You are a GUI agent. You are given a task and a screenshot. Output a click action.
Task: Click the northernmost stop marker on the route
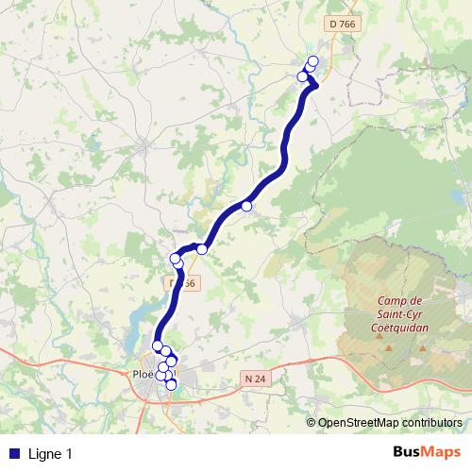click(x=313, y=62)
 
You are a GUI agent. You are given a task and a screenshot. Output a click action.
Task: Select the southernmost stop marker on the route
click(x=171, y=384)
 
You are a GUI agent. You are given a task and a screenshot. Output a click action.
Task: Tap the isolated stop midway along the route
click(x=246, y=206)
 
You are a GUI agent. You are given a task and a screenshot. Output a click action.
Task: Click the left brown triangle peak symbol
click(x=389, y=349)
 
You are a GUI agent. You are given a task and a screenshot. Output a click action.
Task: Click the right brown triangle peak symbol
click(x=421, y=349)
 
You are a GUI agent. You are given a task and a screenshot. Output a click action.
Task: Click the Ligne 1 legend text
click(x=50, y=454)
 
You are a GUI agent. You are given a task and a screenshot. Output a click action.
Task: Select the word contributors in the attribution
click(x=434, y=423)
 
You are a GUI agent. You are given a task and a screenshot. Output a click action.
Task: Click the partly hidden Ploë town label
click(x=140, y=374)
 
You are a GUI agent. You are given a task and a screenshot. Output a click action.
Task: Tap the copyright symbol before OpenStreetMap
click(x=312, y=423)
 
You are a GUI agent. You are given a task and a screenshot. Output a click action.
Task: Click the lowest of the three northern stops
click(x=303, y=76)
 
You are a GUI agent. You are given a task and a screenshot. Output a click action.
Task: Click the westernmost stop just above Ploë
click(x=158, y=346)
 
